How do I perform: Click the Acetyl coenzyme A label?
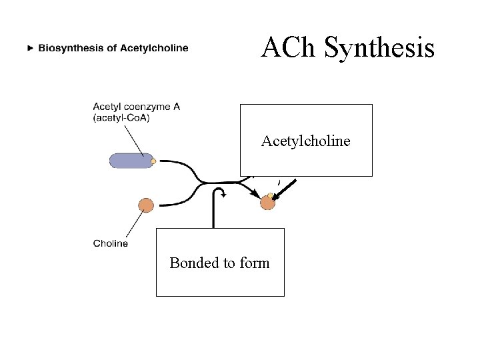click(136, 107)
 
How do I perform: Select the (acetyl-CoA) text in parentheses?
click(121, 118)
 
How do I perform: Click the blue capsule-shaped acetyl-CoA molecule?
click(131, 161)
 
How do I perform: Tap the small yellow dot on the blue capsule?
click(153, 161)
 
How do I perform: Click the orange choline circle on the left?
click(145, 205)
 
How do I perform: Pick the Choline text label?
click(111, 243)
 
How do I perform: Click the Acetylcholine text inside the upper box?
click(305, 141)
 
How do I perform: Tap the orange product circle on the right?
click(267, 203)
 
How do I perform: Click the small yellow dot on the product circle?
click(270, 196)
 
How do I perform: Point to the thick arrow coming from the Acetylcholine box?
click(285, 189)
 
